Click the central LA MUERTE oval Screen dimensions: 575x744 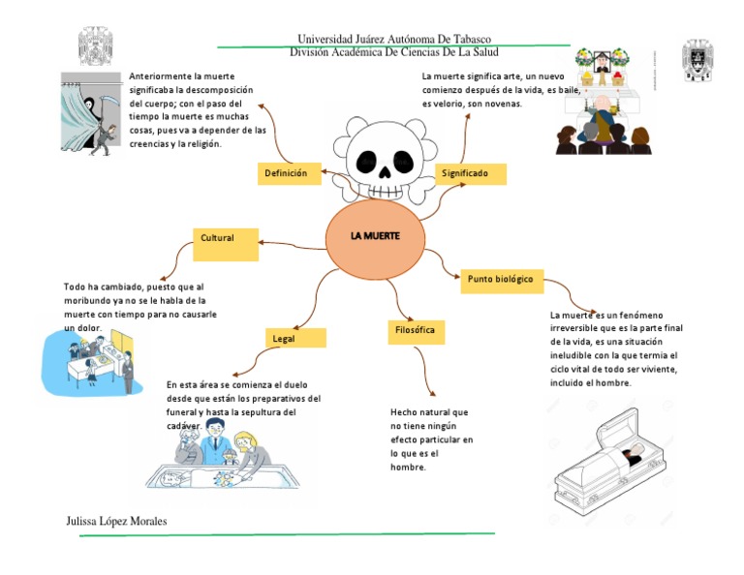[375, 238]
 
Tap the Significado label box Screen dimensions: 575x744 [472, 173]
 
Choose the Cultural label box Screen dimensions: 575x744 [226, 242]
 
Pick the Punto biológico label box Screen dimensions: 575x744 [500, 279]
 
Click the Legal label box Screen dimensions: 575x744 [295, 339]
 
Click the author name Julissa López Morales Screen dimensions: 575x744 [116, 522]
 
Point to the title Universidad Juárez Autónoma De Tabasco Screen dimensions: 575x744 [394, 39]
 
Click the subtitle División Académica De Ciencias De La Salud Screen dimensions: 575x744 [394, 52]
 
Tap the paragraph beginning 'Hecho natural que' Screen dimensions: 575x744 [431, 439]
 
